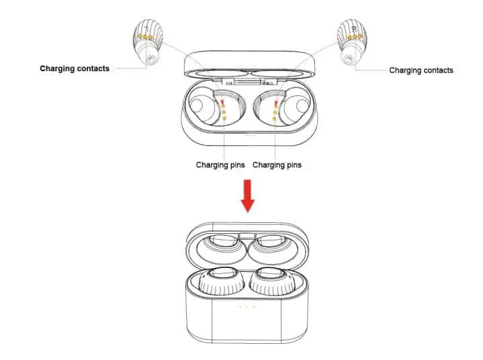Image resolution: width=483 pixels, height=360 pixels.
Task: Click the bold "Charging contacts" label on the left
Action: click(74, 69)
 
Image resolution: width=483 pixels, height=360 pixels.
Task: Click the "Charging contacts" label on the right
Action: click(421, 70)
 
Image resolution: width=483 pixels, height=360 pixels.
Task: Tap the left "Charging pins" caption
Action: click(220, 165)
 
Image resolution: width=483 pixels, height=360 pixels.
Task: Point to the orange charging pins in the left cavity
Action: click(224, 111)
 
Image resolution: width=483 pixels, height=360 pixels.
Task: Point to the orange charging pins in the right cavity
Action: click(275, 111)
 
